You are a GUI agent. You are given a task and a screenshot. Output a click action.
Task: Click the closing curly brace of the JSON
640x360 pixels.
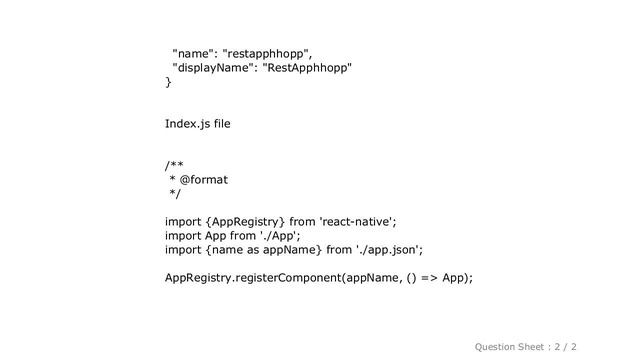point(168,81)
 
